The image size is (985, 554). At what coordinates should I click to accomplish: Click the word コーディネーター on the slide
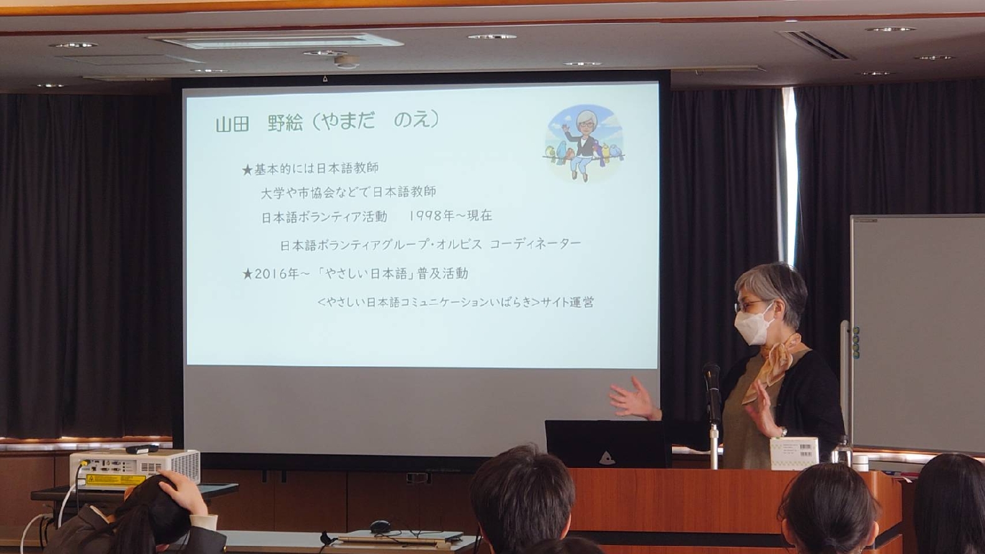(535, 244)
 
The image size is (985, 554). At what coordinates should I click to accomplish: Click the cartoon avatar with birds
(584, 143)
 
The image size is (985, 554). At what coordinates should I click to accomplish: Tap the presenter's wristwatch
(783, 431)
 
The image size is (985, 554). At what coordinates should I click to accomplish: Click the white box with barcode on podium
(794, 453)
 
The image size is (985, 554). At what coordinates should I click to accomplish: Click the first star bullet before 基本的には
(247, 170)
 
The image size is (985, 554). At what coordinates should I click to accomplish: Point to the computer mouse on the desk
(380, 526)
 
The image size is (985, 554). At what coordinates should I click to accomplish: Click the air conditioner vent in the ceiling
(276, 41)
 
